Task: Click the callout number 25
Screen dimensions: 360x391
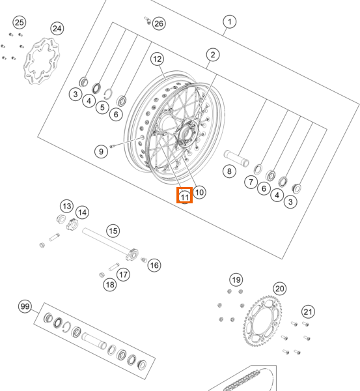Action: (20, 22)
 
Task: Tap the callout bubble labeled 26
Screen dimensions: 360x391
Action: (159, 23)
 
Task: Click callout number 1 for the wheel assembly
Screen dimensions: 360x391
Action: (229, 22)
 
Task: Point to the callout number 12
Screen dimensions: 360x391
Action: (157, 59)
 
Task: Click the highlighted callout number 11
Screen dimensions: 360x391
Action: (185, 195)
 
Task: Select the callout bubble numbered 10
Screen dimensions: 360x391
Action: (199, 192)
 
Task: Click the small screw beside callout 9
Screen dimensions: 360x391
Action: (112, 146)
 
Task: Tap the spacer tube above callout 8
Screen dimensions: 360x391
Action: (236, 158)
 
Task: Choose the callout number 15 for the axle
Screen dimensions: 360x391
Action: (113, 231)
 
